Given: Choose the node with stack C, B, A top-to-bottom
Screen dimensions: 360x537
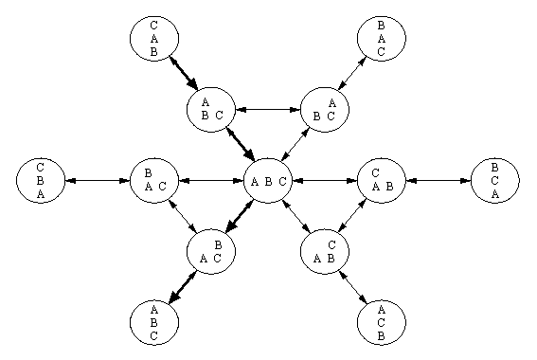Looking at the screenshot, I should [x=40, y=180].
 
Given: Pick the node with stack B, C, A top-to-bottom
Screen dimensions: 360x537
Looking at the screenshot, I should [x=494, y=180].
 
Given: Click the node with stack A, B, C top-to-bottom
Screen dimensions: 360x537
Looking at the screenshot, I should [x=153, y=322].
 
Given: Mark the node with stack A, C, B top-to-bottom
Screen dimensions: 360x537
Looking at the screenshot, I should [x=381, y=322].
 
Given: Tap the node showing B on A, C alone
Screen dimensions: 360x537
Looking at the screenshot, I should [x=153, y=180].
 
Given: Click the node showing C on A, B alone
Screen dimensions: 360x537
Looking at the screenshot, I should [x=381, y=180].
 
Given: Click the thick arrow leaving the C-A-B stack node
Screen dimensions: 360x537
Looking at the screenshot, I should [x=183, y=74].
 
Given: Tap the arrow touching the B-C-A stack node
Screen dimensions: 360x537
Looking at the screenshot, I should [x=438, y=180].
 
